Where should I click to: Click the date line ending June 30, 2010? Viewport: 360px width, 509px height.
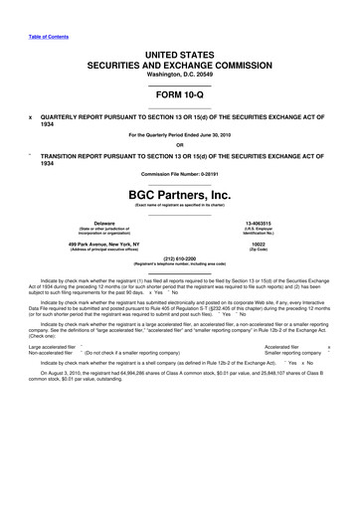[180, 135]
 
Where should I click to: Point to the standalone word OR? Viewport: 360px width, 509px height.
[180, 145]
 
